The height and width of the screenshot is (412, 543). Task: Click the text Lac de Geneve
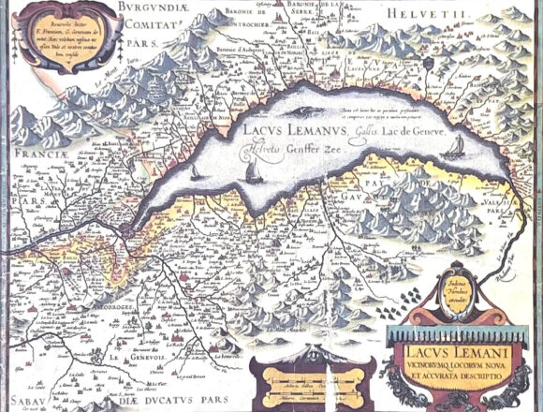coord(369,132)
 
